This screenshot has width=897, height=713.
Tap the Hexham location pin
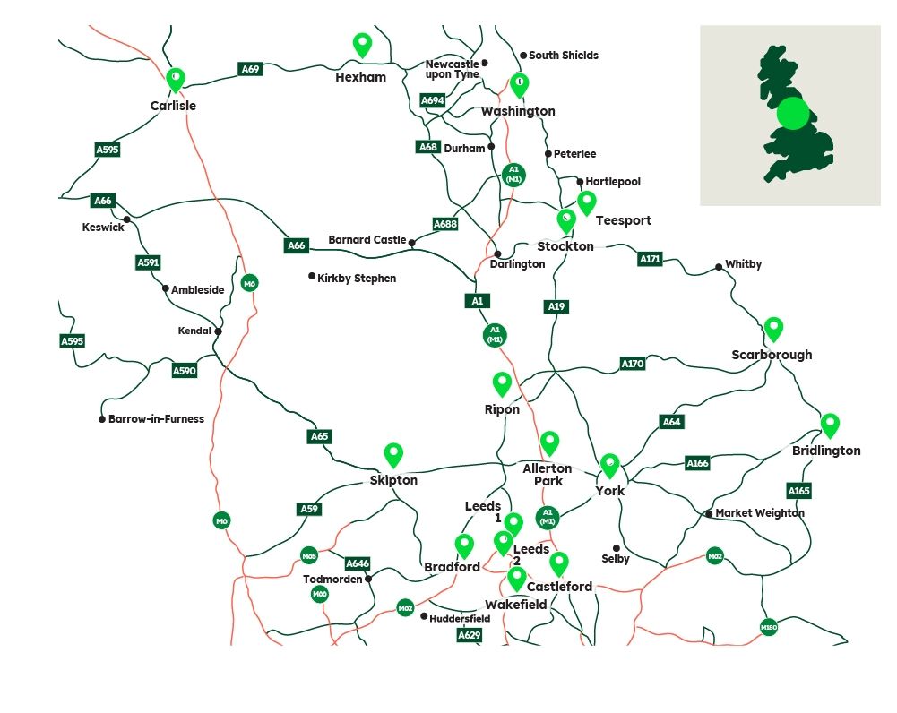(x=362, y=44)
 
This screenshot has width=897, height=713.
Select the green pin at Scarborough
(x=773, y=329)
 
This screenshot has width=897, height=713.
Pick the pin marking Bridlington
(x=830, y=425)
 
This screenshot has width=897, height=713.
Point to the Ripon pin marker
(x=502, y=383)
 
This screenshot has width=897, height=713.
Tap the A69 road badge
(x=250, y=69)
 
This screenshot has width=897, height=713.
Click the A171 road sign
(x=650, y=260)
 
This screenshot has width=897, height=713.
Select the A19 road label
(x=556, y=307)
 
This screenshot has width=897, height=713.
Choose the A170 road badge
(x=633, y=364)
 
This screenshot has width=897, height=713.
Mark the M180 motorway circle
(x=768, y=627)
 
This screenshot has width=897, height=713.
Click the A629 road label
(x=470, y=635)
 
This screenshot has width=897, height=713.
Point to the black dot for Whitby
(x=719, y=266)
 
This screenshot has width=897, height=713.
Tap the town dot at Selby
(x=617, y=548)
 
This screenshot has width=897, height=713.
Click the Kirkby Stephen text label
(x=357, y=279)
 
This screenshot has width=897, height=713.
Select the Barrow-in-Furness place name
(x=156, y=419)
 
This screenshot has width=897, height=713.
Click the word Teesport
(x=624, y=220)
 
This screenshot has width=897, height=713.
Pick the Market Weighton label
(x=760, y=513)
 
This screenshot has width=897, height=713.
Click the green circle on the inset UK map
(x=792, y=115)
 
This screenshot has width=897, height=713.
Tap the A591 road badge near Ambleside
(x=148, y=262)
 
